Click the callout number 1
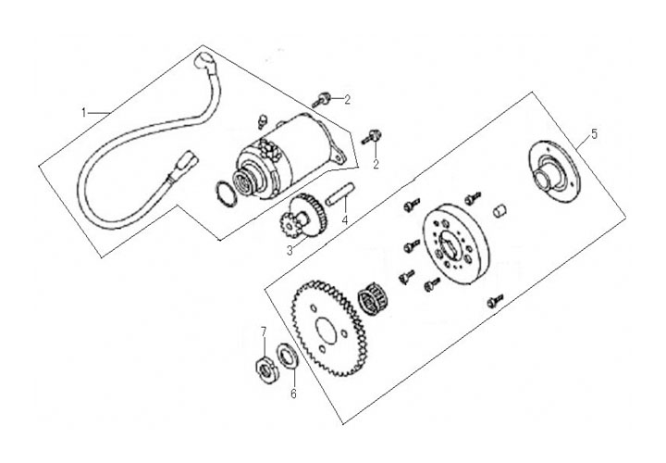point(84,112)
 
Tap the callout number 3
point(289,251)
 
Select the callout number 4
point(344,220)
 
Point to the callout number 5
point(594,133)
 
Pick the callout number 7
point(263,331)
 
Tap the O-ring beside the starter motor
point(222,192)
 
